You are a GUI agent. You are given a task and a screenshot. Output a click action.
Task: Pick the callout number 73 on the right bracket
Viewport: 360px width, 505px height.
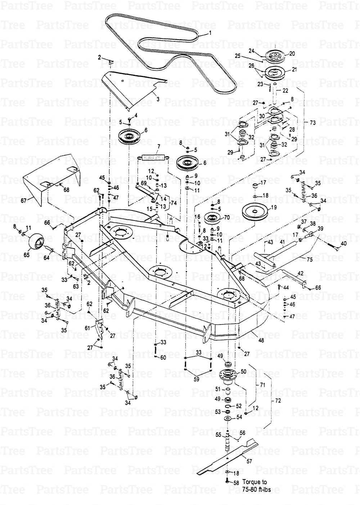pos(312,122)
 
